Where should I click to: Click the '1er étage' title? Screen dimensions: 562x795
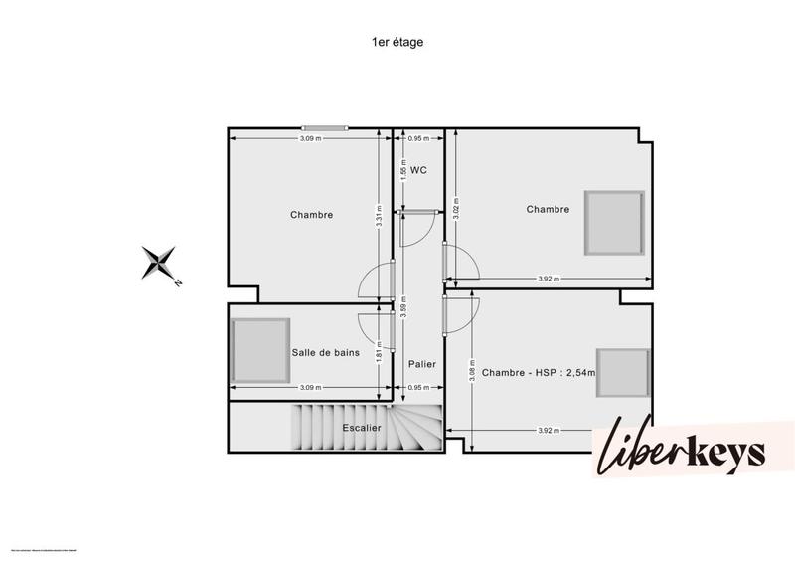397,42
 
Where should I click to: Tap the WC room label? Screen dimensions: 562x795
418,170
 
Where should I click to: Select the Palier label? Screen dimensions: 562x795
422,364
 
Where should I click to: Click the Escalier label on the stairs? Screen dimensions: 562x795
362,428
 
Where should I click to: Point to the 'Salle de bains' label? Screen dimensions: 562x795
325,352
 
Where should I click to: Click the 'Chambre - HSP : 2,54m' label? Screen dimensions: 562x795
538,373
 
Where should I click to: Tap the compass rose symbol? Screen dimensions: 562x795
158,264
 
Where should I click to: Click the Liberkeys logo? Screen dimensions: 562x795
681,451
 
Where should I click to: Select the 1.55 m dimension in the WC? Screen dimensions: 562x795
403,171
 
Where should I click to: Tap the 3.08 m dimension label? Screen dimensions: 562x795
471,371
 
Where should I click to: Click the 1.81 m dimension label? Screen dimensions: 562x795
379,351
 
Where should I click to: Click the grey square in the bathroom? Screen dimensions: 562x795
261,349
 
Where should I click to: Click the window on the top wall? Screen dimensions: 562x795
325,127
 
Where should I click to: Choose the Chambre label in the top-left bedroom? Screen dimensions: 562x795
311,215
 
